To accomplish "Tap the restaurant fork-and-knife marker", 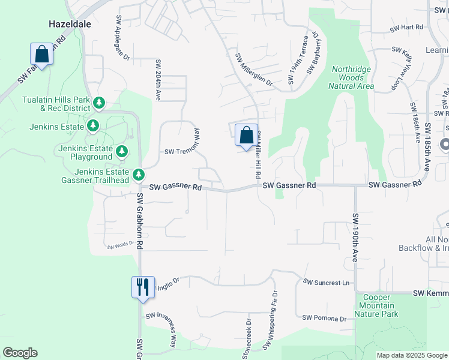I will point(143,286).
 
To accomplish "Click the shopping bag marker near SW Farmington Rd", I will point(42,54).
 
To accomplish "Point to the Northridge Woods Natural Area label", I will point(351,78).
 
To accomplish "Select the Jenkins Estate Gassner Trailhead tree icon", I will point(139,175).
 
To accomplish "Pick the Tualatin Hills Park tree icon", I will point(100,104).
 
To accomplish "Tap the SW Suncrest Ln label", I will point(326,282).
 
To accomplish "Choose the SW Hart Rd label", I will point(406,28).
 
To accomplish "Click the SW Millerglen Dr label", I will point(253,70).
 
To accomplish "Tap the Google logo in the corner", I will point(20,353).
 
